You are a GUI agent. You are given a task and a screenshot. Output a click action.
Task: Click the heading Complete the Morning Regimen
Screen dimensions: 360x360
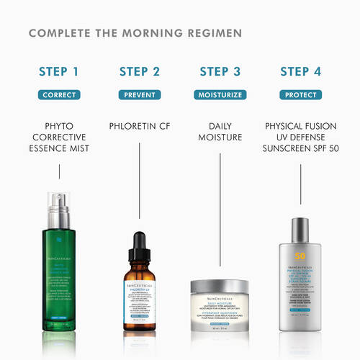135,33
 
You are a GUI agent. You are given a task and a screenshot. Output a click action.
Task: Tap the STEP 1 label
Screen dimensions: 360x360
59,71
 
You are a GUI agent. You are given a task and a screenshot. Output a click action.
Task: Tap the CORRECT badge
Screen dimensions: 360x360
59,94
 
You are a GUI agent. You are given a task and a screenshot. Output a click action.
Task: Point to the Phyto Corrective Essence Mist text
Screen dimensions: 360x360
59,138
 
